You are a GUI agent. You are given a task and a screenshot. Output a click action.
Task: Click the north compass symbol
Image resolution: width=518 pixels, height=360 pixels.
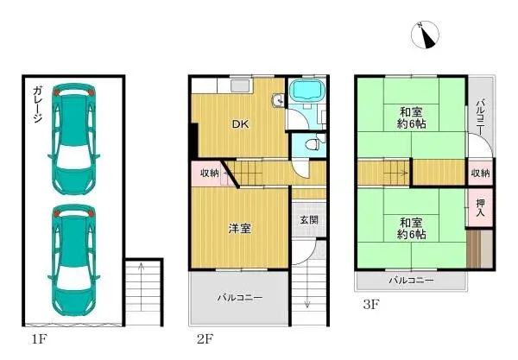(426, 34)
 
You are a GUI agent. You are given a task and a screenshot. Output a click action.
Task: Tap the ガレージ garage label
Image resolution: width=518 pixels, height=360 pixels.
(39, 106)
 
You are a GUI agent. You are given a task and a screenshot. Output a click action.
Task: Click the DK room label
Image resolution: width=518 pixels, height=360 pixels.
(239, 123)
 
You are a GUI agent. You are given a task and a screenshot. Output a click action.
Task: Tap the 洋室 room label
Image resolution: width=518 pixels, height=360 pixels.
(239, 229)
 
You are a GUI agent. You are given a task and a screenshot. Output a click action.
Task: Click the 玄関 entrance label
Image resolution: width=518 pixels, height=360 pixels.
(309, 220)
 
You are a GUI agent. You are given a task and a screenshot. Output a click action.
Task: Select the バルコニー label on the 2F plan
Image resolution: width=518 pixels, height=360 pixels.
(239, 298)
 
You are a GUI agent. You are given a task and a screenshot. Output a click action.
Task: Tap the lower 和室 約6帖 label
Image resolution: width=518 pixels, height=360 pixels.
(412, 227)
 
